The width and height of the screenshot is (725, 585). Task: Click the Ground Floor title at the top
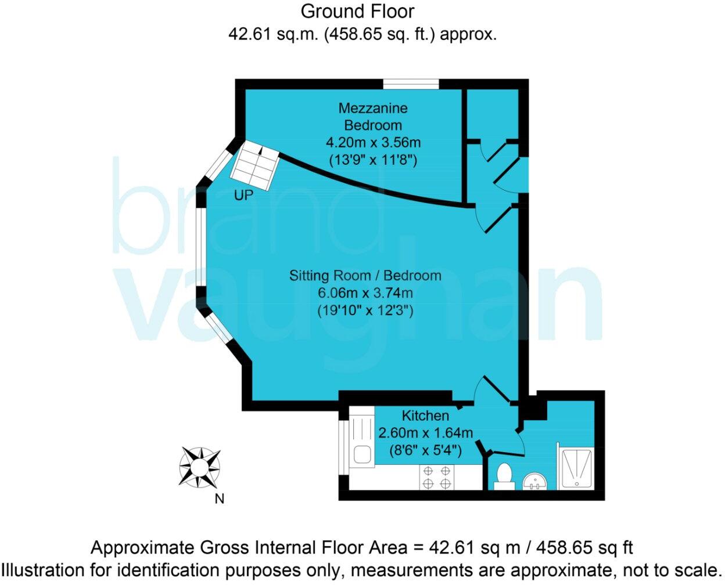[x=357, y=11]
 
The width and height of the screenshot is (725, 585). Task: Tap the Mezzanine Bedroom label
[x=372, y=116]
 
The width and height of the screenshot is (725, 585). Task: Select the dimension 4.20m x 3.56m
[x=372, y=142]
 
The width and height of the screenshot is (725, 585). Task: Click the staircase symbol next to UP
[x=256, y=165]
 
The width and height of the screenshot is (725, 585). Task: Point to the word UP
[x=243, y=196]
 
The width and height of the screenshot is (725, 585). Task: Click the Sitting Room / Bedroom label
[x=365, y=275]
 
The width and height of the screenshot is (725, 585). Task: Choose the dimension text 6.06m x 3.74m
[x=365, y=292]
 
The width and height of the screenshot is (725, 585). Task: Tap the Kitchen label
[x=425, y=416]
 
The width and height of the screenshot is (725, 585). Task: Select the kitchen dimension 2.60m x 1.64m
[x=425, y=433]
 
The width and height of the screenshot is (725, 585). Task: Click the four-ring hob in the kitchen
[x=437, y=477]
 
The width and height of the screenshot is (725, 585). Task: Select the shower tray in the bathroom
[x=575, y=468]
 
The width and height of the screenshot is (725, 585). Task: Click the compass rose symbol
[x=199, y=467]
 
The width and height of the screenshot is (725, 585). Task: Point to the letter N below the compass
[x=220, y=499]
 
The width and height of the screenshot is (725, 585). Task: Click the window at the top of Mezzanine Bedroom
[x=411, y=84]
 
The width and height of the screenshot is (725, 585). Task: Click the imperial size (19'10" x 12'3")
[x=365, y=310]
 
